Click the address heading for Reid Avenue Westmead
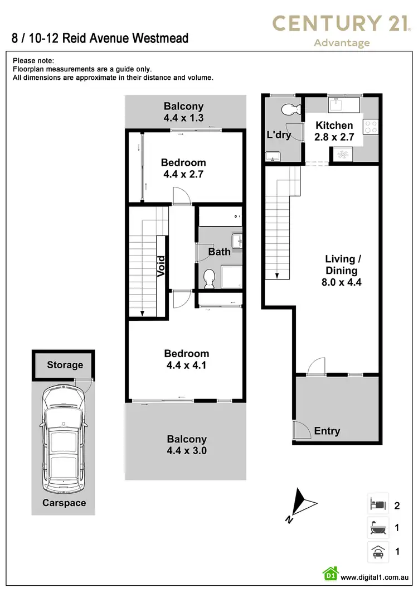[x=100, y=38]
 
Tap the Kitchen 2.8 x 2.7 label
[x=334, y=131]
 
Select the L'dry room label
[x=279, y=135]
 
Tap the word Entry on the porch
[x=327, y=431]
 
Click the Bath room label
[x=219, y=252]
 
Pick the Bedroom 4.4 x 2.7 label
[x=183, y=168]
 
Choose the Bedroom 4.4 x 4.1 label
[x=186, y=359]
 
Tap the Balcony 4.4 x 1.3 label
[x=183, y=112]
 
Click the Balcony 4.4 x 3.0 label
[x=186, y=445]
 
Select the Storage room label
[x=65, y=365]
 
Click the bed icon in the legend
[x=377, y=506]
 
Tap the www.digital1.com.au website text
[x=376, y=577]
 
